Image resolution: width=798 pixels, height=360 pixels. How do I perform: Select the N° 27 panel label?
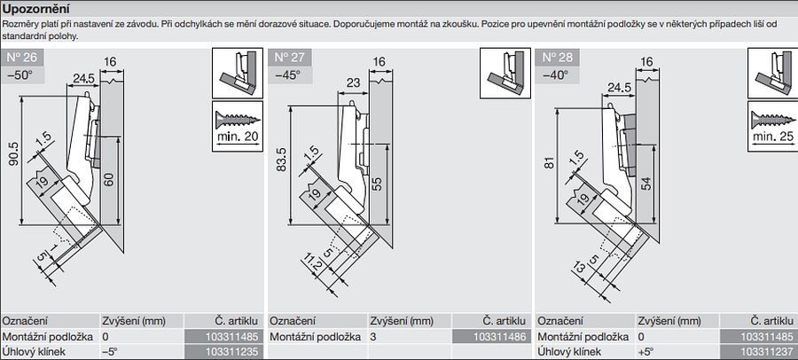coord(289,59)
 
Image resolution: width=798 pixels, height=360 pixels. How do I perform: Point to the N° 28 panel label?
coord(555,59)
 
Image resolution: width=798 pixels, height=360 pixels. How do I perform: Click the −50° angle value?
coord(19,74)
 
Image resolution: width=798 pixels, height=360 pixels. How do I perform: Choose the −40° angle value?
coord(554,74)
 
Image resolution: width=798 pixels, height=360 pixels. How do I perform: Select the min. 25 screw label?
coord(774,137)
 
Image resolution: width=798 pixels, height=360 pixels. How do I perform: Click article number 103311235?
coord(222,353)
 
